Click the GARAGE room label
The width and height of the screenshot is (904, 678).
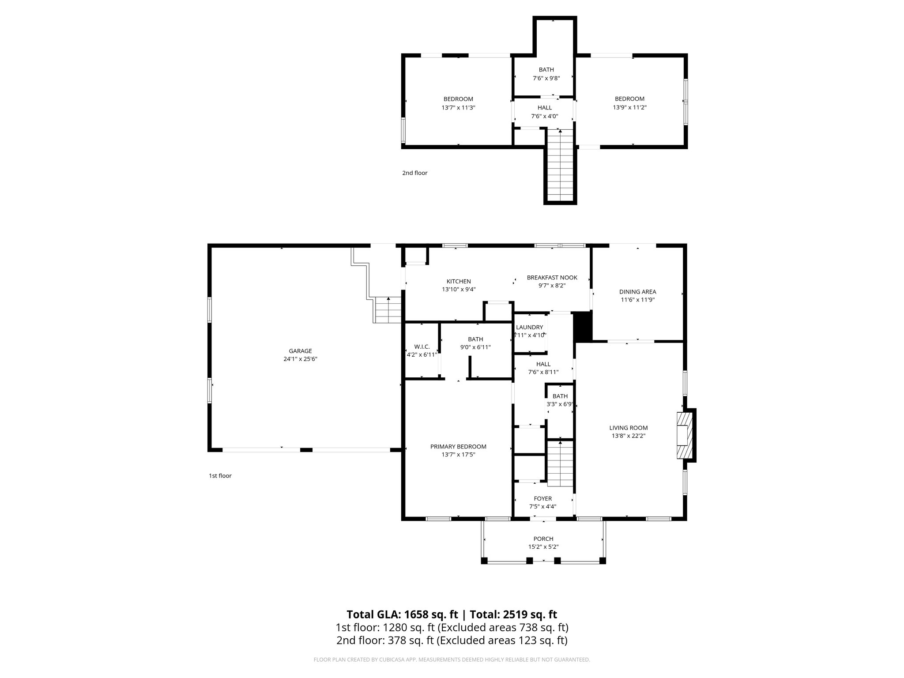point(300,351)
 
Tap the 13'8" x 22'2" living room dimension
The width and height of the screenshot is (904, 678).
point(628,436)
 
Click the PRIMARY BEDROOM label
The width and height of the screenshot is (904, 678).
point(458,446)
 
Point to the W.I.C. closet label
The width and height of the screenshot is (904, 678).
point(422,347)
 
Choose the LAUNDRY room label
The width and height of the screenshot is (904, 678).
point(529,327)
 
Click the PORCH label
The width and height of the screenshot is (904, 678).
point(543,539)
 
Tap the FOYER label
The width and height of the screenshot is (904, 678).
point(542,498)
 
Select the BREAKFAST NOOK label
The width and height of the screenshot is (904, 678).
point(552,278)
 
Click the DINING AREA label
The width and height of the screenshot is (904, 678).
point(637,292)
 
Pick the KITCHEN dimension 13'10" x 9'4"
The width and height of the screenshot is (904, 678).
point(459,290)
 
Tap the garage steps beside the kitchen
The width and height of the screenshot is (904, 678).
point(388,310)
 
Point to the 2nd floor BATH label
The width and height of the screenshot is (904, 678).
point(546,70)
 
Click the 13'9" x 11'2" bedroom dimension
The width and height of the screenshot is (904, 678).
point(629,107)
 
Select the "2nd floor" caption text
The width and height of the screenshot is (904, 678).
point(414,173)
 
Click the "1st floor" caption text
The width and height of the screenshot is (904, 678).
point(220,476)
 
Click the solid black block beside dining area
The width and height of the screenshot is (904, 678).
point(582,327)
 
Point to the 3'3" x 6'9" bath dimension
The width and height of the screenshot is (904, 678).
point(560,404)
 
